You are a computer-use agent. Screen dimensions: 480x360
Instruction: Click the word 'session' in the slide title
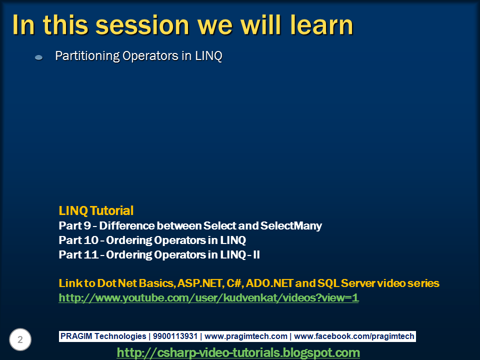coord(142,25)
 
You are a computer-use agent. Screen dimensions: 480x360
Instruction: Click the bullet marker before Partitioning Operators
coord(39,57)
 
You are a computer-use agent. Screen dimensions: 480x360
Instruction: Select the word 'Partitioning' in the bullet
coord(87,56)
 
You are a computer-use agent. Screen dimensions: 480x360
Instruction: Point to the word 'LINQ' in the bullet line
coord(208,56)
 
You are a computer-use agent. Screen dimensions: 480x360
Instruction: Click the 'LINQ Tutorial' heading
coord(96,210)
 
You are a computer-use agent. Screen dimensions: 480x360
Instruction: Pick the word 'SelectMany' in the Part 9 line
coord(291,226)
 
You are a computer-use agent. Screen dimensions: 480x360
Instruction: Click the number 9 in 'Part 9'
coord(87,225)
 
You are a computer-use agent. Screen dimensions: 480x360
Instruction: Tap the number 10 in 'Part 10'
coord(91,240)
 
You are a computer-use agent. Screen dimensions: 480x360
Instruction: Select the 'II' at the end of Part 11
coord(256,254)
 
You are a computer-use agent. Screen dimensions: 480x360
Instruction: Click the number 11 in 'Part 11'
coord(91,254)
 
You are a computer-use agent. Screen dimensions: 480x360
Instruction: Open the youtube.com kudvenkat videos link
coord(209,298)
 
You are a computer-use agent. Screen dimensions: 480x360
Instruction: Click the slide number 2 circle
coord(20,339)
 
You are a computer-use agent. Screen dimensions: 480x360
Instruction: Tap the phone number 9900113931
coord(175,336)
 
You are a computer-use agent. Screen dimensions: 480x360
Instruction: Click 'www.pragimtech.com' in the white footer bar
coord(246,336)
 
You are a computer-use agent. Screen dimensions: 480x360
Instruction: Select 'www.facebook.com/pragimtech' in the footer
coord(354,336)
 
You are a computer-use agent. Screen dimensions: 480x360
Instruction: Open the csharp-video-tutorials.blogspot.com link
coord(238,352)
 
